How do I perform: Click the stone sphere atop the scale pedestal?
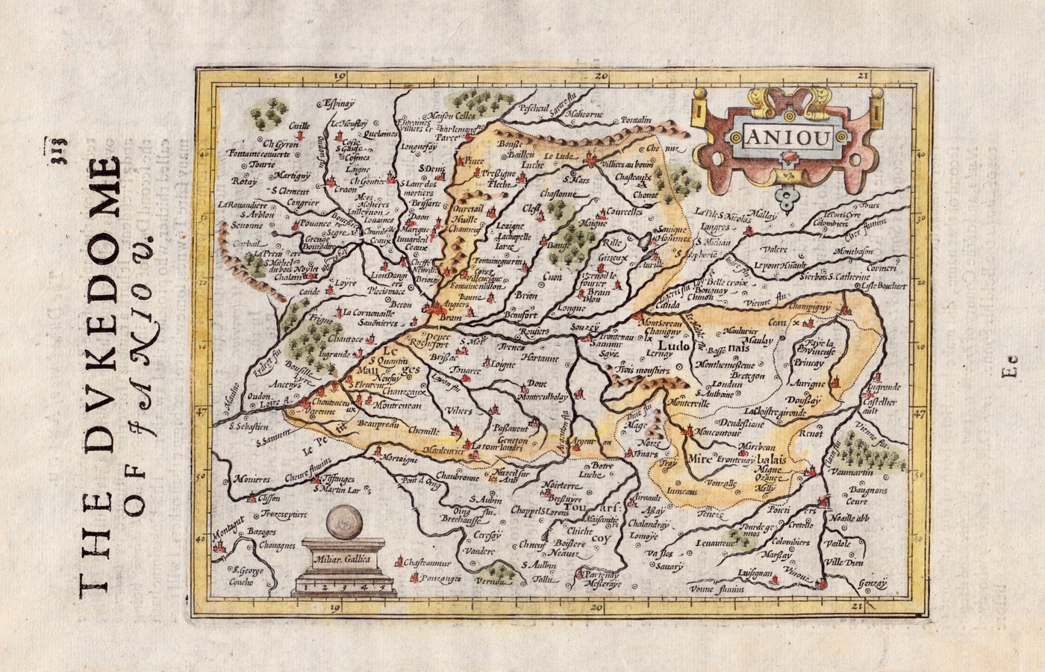coord(345,520)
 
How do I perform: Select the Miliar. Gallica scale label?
coord(343,559)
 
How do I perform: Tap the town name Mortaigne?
coord(400,459)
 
